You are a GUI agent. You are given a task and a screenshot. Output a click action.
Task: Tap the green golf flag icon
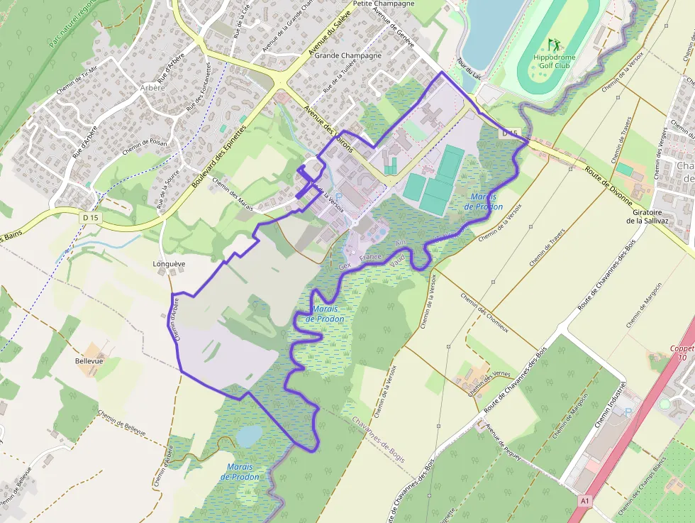click(x=553, y=45)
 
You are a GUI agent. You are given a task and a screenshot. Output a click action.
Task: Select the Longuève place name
click(x=169, y=264)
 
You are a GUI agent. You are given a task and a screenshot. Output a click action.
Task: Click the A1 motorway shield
click(x=584, y=501)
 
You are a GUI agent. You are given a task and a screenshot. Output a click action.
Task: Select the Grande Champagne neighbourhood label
click(x=347, y=55)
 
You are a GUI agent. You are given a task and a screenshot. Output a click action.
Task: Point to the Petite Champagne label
click(x=382, y=4)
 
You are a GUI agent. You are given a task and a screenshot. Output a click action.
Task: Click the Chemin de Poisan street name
click(x=144, y=146)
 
